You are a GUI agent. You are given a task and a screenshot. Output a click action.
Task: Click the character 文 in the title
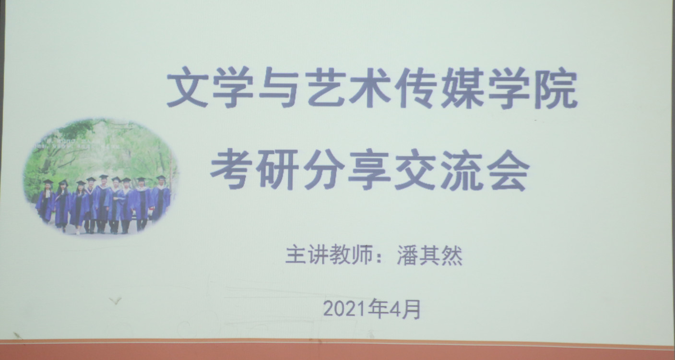187,87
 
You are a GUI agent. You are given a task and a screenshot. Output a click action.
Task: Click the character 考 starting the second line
231,169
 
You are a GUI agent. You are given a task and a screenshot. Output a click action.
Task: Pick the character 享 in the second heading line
369,169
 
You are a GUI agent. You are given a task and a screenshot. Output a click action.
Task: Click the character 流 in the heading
462,170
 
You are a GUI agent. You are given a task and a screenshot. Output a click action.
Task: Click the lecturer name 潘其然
429,255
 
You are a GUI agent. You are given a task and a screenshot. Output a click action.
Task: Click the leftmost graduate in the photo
46,201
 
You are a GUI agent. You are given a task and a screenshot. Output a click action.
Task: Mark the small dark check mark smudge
115,300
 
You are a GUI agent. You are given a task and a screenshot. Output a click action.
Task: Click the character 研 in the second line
277,169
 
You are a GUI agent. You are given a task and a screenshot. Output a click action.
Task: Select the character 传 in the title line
416,87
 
